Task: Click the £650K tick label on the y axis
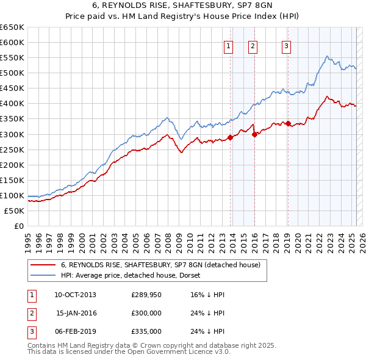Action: pyautogui.click(x=12, y=27)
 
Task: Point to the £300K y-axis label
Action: pyautogui.click(x=12, y=134)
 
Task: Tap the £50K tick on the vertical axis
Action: pyautogui.click(x=15, y=211)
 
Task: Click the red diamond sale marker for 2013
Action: pyautogui.click(x=230, y=137)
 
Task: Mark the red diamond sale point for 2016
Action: pyautogui.click(x=254, y=134)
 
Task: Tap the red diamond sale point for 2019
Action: pyautogui.click(x=288, y=123)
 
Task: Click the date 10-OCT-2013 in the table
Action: pyautogui.click(x=75, y=295)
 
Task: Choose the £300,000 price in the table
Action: pyautogui.click(x=146, y=313)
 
